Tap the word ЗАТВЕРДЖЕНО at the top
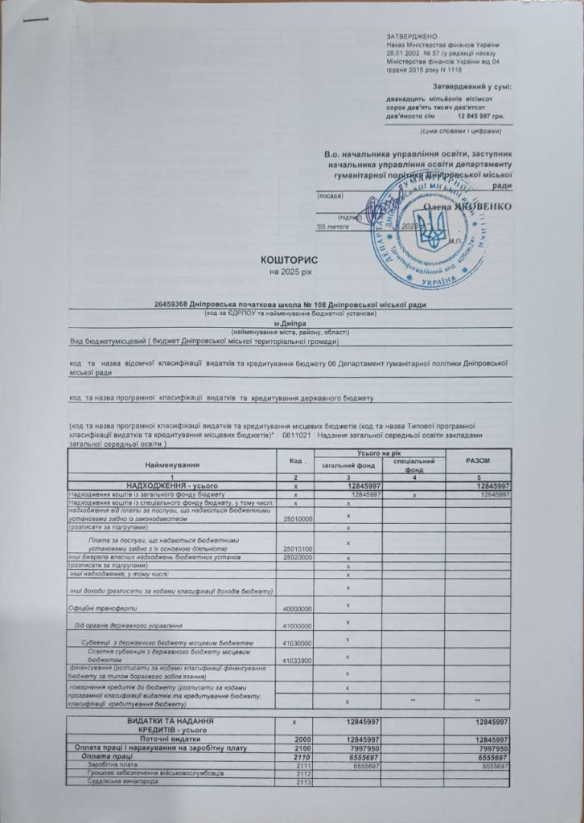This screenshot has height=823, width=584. point(411,37)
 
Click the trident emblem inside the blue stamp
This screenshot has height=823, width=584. point(432,233)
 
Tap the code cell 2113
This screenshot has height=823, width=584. point(302,781)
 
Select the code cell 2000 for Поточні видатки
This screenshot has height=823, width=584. point(302,739)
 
